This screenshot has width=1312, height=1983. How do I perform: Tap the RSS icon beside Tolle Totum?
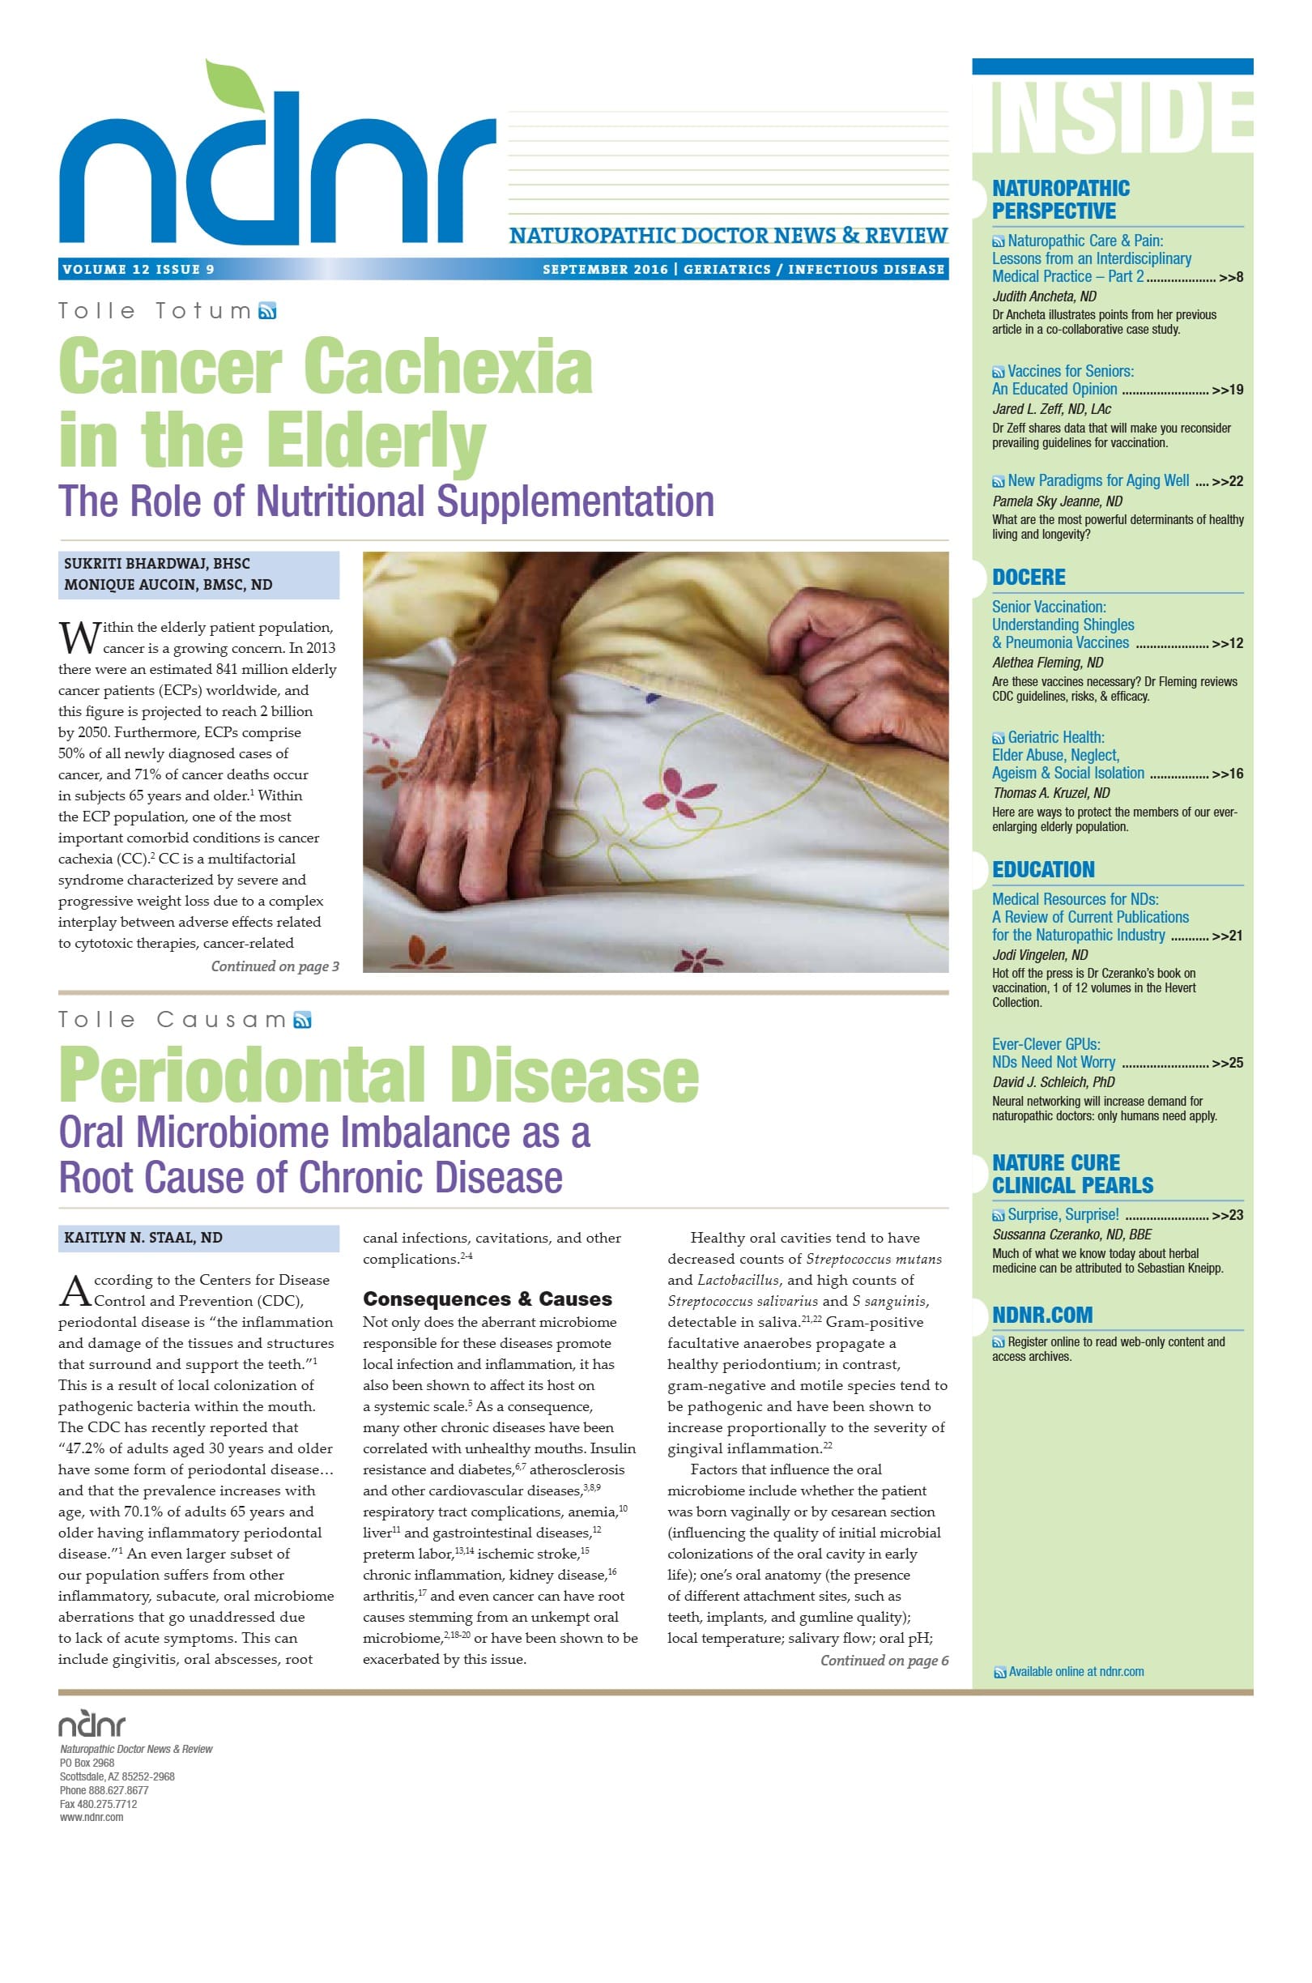pyautogui.click(x=268, y=312)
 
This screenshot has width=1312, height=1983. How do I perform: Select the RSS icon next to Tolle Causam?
pyautogui.click(x=303, y=1020)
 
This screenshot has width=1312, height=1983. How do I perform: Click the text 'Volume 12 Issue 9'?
pyautogui.click(x=138, y=270)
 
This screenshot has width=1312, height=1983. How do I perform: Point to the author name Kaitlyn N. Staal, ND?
pyautogui.click(x=143, y=1238)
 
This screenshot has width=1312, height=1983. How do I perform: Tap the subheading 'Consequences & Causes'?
pyautogui.click(x=487, y=1299)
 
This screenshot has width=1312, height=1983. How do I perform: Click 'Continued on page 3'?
pyautogui.click(x=275, y=966)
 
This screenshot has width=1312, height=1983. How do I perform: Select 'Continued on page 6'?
pyautogui.click(x=884, y=1661)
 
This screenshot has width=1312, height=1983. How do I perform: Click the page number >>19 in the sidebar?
pyautogui.click(x=1227, y=390)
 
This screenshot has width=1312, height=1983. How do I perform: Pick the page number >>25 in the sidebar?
pyautogui.click(x=1227, y=1063)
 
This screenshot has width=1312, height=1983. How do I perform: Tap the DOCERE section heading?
pyautogui.click(x=1029, y=578)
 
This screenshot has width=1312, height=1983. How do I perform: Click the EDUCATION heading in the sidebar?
pyautogui.click(x=1042, y=869)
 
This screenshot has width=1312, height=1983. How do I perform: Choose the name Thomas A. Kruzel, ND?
pyautogui.click(x=1050, y=792)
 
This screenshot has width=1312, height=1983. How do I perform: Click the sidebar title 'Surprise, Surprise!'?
pyautogui.click(x=1063, y=1214)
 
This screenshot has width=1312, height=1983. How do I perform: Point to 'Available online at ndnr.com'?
pyautogui.click(x=1076, y=1671)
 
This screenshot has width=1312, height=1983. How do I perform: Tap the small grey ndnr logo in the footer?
pyautogui.click(x=92, y=1725)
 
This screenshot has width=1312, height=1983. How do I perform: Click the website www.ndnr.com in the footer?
pyautogui.click(x=92, y=1816)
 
